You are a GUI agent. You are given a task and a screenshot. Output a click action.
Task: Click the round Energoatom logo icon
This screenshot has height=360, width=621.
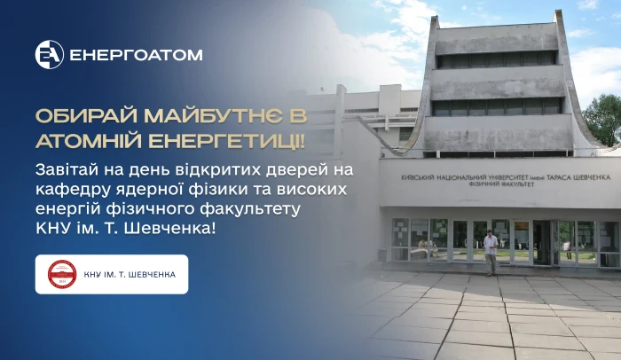pyautogui.click(x=50, y=55)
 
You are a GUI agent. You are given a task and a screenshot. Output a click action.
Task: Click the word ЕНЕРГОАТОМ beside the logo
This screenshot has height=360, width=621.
pyautogui.click(x=137, y=55)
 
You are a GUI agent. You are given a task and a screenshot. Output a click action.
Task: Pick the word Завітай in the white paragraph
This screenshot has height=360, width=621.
pyautogui.click(x=67, y=170)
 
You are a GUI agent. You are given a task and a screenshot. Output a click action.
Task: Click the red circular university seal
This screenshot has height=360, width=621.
pyautogui.click(x=62, y=274)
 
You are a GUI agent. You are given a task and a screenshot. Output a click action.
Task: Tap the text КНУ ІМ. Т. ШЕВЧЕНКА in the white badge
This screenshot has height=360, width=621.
pyautogui.click(x=130, y=275)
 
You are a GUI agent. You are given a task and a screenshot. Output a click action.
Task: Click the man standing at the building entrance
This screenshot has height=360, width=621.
pyautogui.click(x=491, y=253)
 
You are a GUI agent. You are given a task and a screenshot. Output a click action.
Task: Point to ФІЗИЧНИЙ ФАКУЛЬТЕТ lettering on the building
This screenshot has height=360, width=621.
pyautogui.click(x=501, y=184)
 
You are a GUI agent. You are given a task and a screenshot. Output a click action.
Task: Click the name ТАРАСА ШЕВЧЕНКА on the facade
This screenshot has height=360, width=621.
pyautogui.click(x=578, y=177)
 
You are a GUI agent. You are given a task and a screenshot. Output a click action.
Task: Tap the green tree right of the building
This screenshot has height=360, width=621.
pyautogui.click(x=602, y=120)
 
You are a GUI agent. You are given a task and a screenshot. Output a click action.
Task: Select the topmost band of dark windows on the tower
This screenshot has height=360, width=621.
pyautogui.click(x=497, y=59)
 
